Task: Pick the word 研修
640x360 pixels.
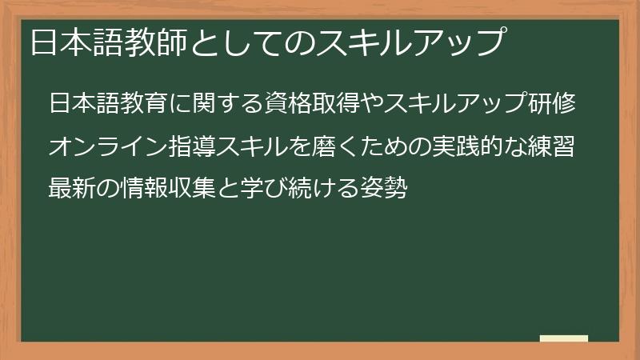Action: (x=558, y=104)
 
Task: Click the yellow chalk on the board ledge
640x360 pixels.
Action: (x=564, y=338)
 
